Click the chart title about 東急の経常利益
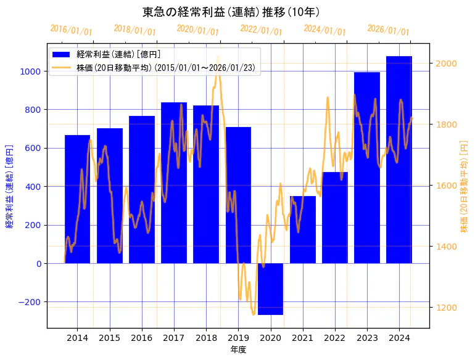pos(231,12)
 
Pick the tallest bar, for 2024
pos(399,160)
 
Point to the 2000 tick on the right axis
pos(446,63)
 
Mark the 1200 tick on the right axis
pos(446,308)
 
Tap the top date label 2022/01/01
pos(261,30)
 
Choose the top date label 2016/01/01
pos(71,30)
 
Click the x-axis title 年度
pos(238,350)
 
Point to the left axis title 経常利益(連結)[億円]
pos(9,186)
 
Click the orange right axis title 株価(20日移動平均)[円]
pos(464,186)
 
